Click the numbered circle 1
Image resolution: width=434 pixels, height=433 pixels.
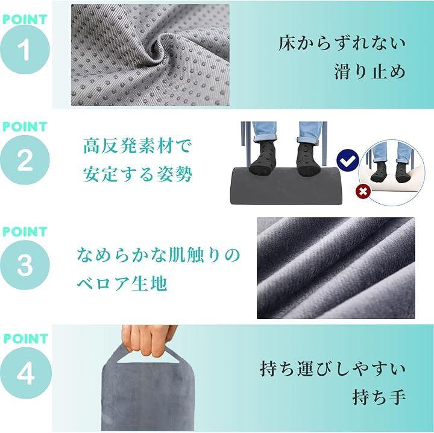(x=25, y=49)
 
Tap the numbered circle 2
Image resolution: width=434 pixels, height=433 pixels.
(x=25, y=160)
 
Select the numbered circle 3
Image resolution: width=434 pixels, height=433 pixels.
(x=25, y=265)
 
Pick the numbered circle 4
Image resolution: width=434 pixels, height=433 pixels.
(x=26, y=373)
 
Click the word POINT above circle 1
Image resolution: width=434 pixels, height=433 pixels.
(x=25, y=19)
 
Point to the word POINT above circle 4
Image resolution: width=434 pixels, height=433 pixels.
(x=26, y=338)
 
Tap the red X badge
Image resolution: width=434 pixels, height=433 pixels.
(x=363, y=191)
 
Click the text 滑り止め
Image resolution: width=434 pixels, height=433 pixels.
(x=370, y=72)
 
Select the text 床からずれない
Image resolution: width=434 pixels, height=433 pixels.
(x=342, y=44)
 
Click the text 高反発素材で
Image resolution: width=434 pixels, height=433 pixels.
(x=137, y=146)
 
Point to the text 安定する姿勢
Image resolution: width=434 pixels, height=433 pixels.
(x=137, y=174)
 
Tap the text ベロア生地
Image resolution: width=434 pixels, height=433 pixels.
(x=122, y=283)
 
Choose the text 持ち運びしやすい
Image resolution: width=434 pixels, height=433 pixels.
(x=333, y=368)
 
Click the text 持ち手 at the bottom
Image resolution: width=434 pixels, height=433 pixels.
(x=379, y=397)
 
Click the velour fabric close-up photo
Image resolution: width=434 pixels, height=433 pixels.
(x=336, y=268)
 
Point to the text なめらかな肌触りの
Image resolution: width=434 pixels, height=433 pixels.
(x=158, y=255)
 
